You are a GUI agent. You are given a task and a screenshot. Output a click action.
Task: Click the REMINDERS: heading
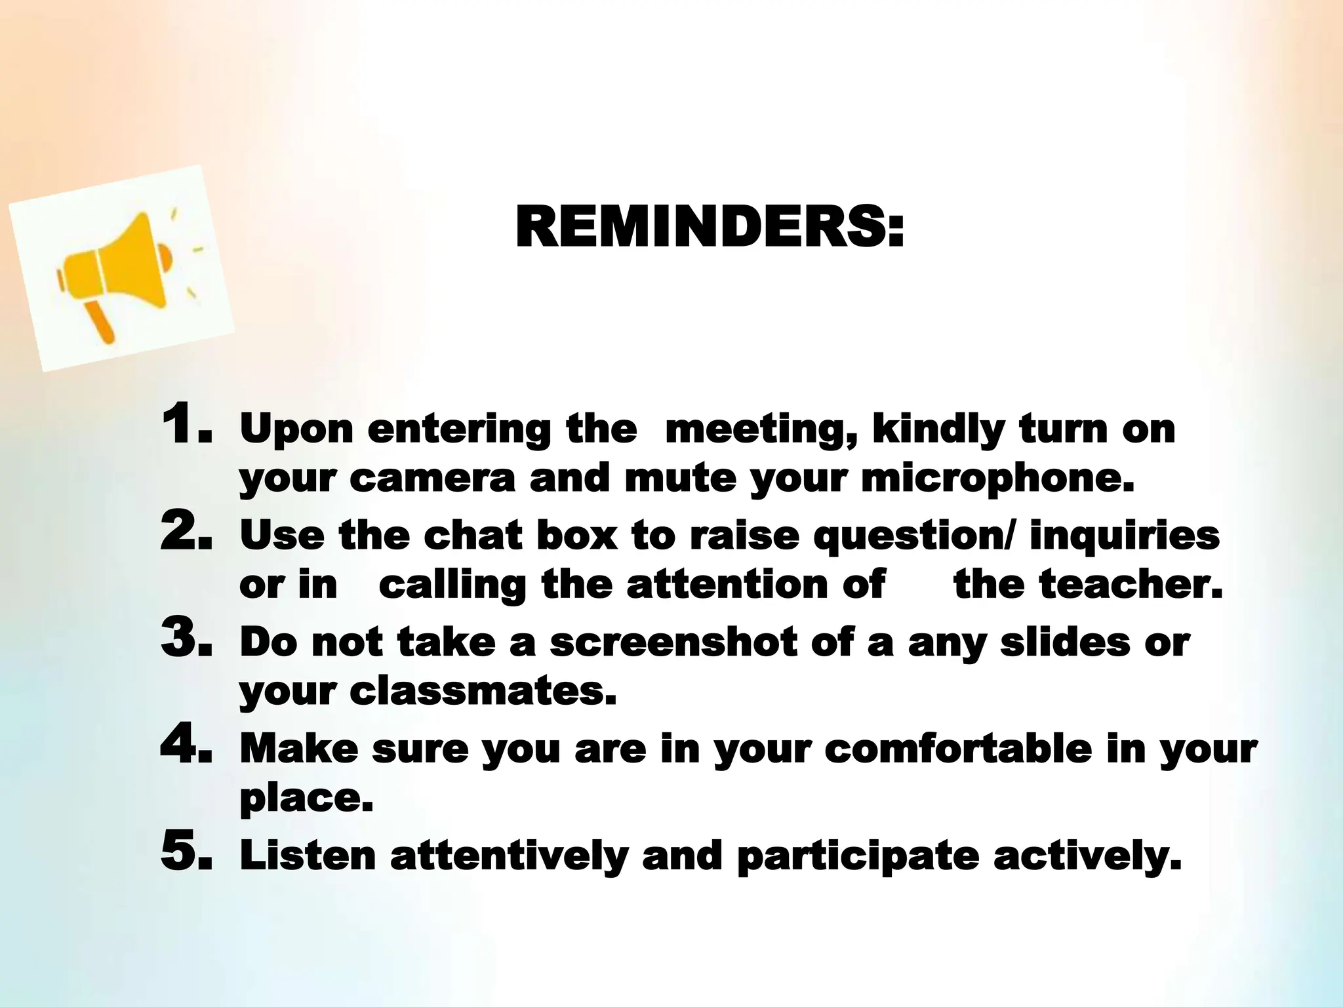coord(710,227)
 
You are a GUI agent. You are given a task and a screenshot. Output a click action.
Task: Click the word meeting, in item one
coord(761,429)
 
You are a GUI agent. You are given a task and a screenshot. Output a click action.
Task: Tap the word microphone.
coord(997,479)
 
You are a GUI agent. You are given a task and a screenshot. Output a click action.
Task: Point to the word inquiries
coord(1124,536)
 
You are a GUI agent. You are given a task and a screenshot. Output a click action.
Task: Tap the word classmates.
coord(483,691)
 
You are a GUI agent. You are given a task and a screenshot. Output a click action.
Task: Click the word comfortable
coord(957,749)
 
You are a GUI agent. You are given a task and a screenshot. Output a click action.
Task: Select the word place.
coord(306,799)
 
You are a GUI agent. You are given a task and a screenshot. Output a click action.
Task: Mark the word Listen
coord(308,856)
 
